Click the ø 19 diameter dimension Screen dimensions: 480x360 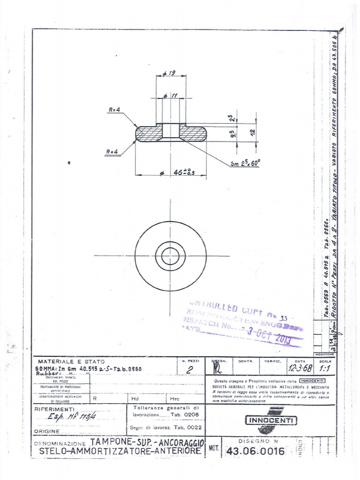pyautogui.click(x=170, y=73)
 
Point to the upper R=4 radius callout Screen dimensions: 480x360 pyautogui.click(x=114, y=110)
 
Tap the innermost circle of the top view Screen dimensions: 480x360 pyautogui.click(x=170, y=256)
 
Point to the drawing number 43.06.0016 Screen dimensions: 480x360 pyautogui.click(x=255, y=451)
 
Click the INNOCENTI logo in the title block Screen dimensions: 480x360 pyautogui.click(x=271, y=420)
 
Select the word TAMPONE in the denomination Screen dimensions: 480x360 pyautogui.click(x=111, y=442)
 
